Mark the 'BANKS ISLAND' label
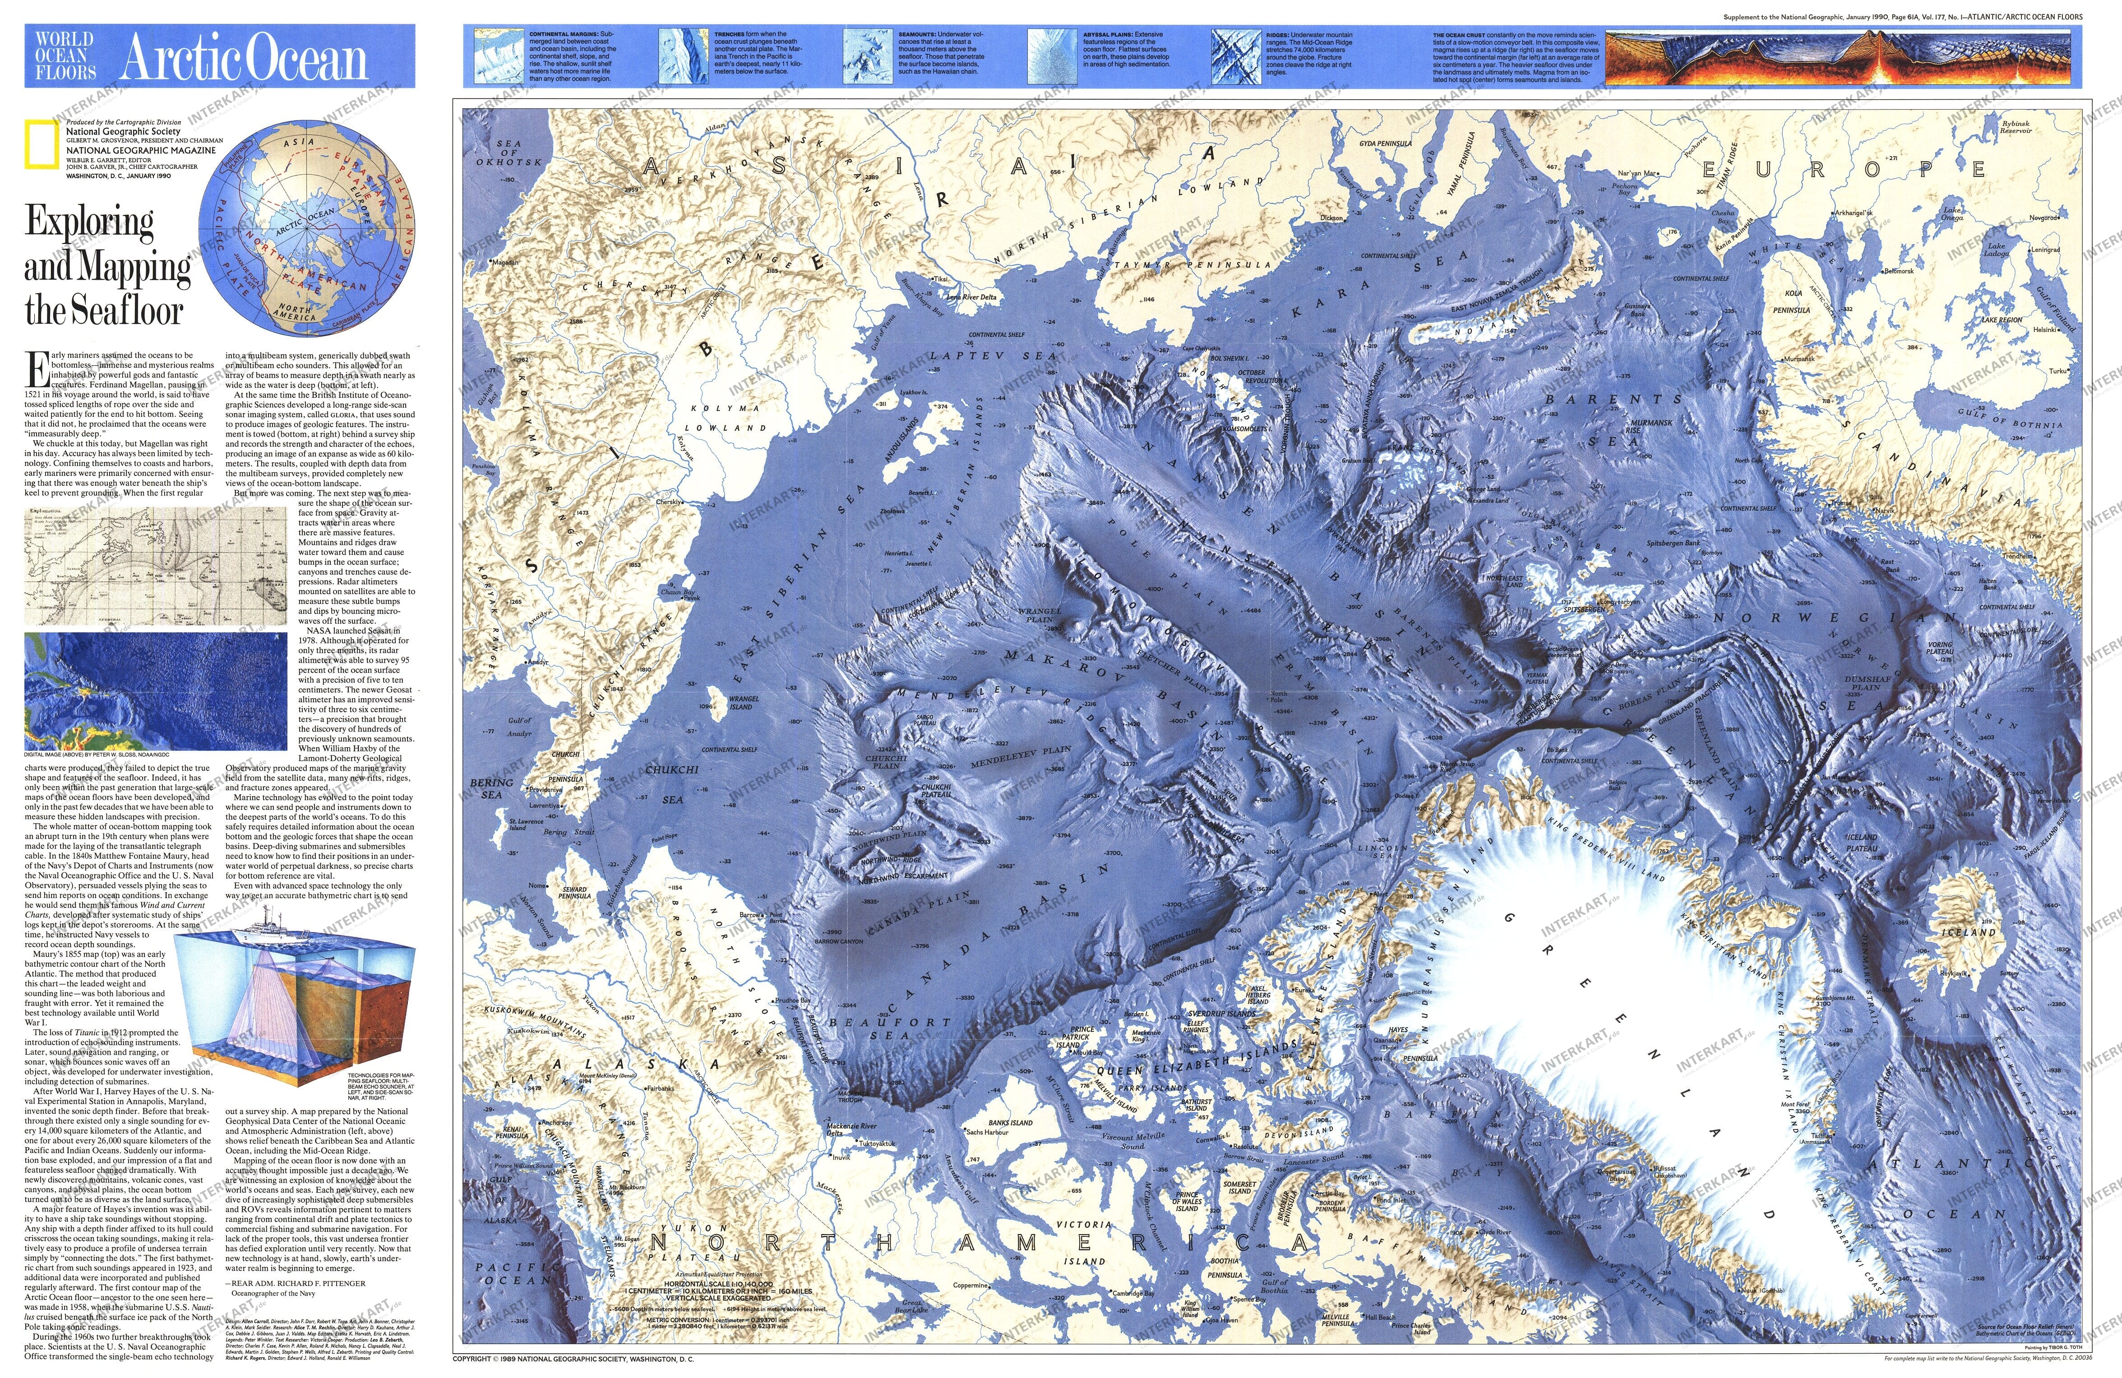click(x=1010, y=1122)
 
